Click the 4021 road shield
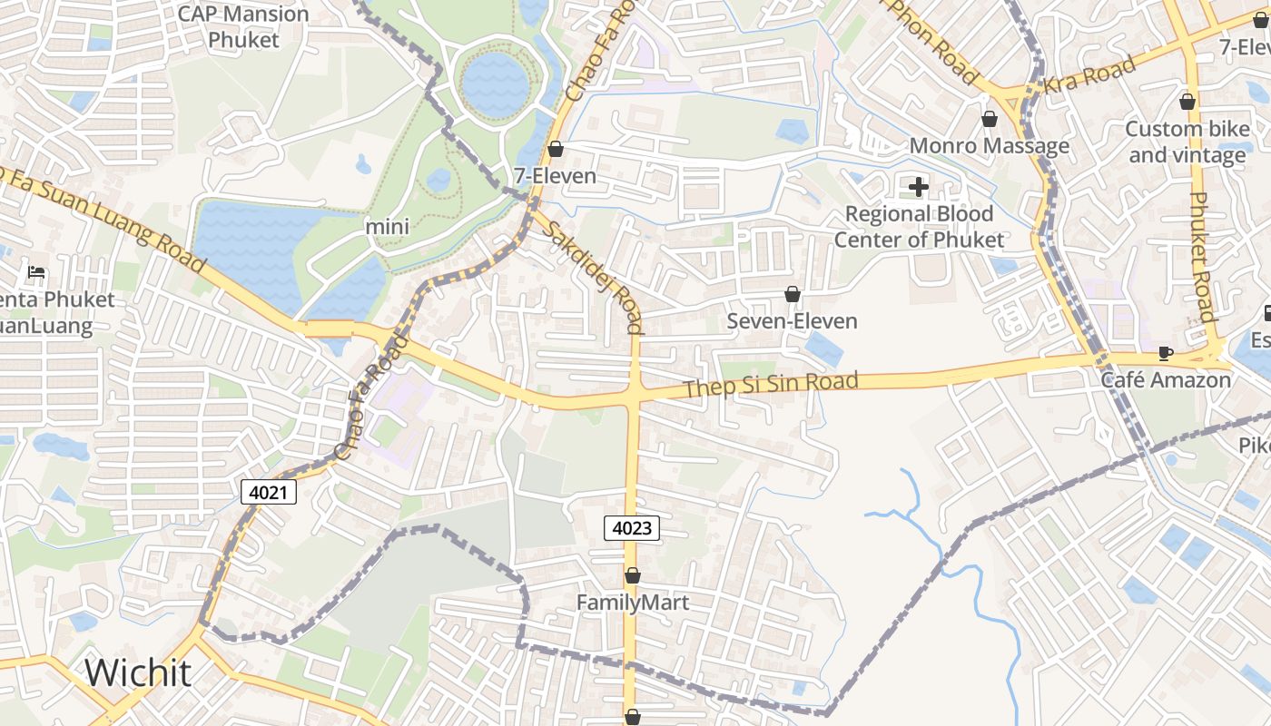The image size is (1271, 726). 269,493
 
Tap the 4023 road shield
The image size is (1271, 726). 632,527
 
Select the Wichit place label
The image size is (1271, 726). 138,672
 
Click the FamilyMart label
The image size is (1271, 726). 633,602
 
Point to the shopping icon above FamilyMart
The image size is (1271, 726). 633,575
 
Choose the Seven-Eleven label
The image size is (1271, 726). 792,321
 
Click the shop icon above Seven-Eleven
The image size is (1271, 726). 793,294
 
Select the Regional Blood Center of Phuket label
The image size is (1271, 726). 919,227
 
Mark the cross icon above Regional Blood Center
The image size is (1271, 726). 919,187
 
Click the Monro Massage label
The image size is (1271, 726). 990,146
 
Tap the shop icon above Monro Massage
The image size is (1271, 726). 990,119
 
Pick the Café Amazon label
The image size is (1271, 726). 1166,379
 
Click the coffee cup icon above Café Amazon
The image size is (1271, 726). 1166,353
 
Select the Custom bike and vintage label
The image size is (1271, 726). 1187,142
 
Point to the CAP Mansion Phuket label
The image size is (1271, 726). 243,27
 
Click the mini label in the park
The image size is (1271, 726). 388,227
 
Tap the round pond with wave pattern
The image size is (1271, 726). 495,83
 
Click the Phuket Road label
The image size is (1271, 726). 1203,257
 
